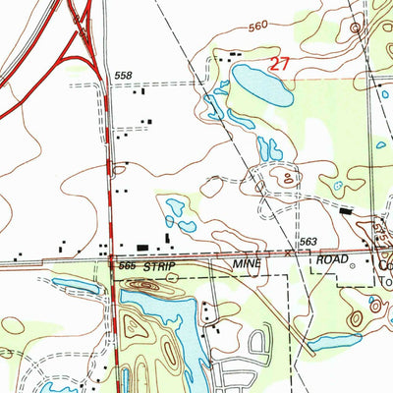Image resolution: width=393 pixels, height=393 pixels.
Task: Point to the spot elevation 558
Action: [x=123, y=76]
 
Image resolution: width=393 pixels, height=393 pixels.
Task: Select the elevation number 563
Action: [x=309, y=243]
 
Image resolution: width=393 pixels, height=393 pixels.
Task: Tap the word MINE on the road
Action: [x=245, y=265]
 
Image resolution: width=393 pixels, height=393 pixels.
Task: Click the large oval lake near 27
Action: [x=261, y=85]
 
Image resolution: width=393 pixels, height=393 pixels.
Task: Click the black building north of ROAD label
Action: [x=345, y=210]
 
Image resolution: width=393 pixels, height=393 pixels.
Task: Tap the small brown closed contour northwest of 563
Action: [x=287, y=178]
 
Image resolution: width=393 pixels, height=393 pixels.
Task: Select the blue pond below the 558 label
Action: [x=212, y=102]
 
